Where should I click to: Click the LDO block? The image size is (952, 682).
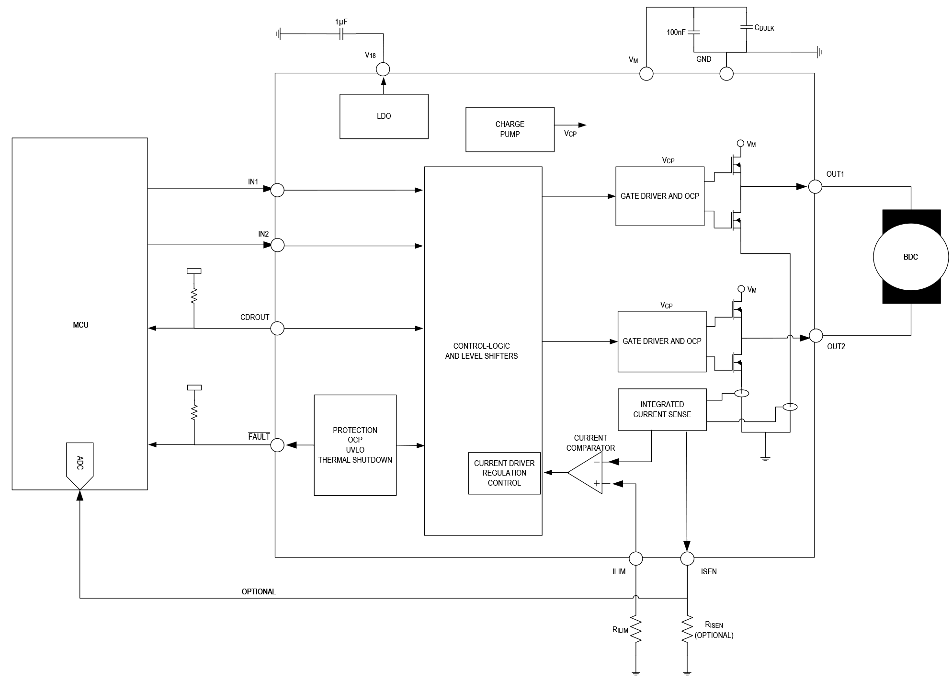tap(384, 116)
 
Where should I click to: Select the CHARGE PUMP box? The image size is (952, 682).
tap(510, 129)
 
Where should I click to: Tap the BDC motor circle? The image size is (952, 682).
tap(911, 257)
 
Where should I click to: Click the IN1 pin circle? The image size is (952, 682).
tap(277, 190)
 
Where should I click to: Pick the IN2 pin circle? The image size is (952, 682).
tap(277, 245)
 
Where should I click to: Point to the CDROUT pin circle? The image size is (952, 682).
tap(277, 329)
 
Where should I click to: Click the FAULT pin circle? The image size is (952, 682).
tap(277, 445)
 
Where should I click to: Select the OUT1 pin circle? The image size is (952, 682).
tap(815, 186)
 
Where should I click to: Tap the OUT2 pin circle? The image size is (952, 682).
tap(816, 336)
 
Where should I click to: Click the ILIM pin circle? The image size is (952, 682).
tap(635, 558)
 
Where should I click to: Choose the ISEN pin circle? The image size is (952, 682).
tap(687, 558)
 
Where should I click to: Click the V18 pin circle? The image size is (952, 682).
tap(383, 69)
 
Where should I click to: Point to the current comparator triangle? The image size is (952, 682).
tap(585, 473)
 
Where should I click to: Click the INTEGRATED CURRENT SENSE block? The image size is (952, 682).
tap(662, 409)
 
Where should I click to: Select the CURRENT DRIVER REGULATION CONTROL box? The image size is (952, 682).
tap(504, 473)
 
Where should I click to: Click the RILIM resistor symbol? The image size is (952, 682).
tap(635, 629)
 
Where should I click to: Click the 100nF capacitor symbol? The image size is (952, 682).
tap(694, 32)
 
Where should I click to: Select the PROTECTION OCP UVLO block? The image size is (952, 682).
tap(355, 445)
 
